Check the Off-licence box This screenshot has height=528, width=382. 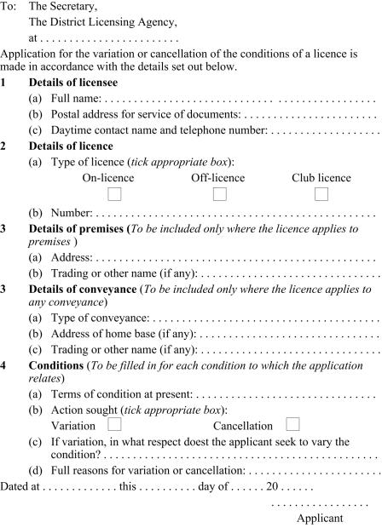click(x=219, y=194)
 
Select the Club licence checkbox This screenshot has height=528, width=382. click(x=321, y=194)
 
